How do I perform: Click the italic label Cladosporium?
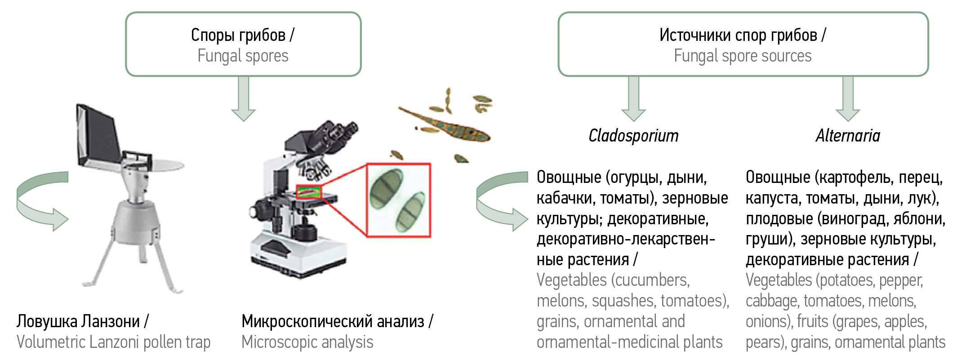(633, 136)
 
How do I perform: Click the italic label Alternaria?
(848, 136)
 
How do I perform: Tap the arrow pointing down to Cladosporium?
(633, 99)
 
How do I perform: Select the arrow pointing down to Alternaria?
(848, 99)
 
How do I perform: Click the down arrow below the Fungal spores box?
(243, 99)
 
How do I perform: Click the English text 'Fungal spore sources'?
(743, 56)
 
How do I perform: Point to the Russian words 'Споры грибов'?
(238, 35)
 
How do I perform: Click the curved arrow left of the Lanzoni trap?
(40, 201)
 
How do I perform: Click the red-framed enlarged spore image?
(399, 200)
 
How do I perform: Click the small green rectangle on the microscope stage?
(308, 191)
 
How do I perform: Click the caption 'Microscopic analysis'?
(307, 342)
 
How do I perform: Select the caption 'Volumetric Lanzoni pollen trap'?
(113, 342)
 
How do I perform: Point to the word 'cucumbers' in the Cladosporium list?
(651, 280)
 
